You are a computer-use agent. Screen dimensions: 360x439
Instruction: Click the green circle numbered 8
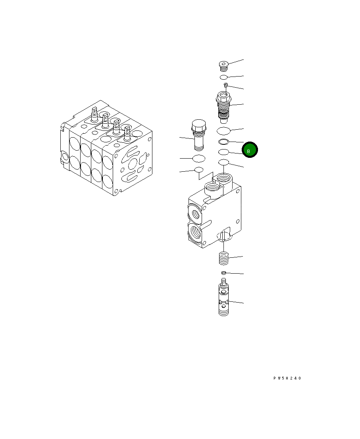(x=250, y=150)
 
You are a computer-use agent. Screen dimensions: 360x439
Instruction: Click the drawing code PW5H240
(x=287, y=378)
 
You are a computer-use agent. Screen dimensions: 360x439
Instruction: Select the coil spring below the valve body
(x=223, y=258)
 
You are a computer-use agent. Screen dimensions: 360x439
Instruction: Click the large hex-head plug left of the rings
(x=198, y=135)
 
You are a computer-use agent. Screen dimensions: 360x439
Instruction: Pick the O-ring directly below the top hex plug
(x=223, y=77)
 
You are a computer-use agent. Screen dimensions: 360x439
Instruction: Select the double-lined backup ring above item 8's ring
(x=223, y=142)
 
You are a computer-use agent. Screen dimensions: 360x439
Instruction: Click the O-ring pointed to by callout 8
(x=223, y=152)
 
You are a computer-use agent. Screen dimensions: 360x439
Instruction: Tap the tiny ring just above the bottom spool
(x=223, y=273)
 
